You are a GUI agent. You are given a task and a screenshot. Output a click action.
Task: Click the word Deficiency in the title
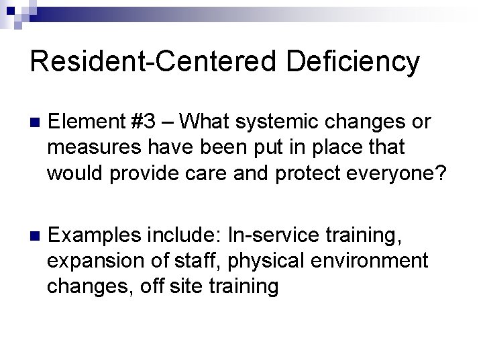(x=353, y=63)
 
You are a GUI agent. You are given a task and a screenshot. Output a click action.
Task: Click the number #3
(x=144, y=122)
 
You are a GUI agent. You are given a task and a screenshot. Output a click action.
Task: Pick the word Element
(x=85, y=122)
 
